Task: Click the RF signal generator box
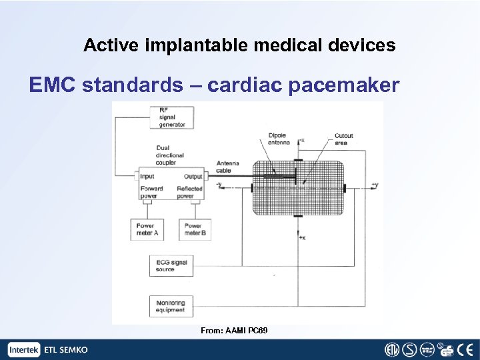tap(172, 117)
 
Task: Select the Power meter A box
tap(147, 230)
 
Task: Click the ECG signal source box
tap(171, 265)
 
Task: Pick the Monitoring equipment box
tap(171, 306)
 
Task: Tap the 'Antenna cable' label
tap(228, 166)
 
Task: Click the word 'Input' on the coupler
tap(147, 177)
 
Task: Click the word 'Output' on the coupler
tap(193, 177)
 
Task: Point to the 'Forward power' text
tap(151, 192)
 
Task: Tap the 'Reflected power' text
tap(189, 192)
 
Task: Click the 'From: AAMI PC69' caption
tap(234, 331)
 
